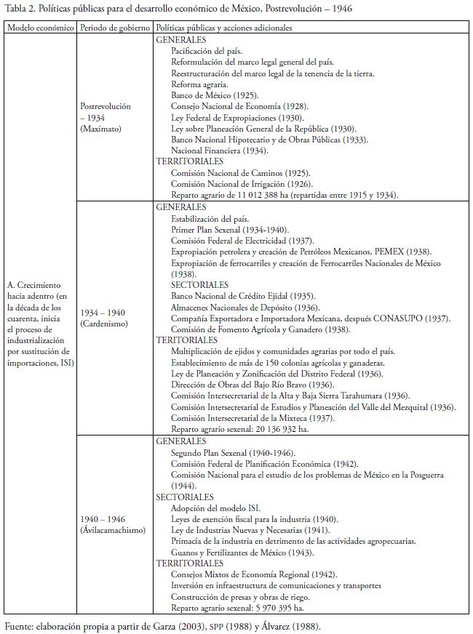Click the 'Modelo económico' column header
[x=40, y=28]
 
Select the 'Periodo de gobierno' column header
[x=115, y=28]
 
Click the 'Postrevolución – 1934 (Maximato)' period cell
[x=106, y=116]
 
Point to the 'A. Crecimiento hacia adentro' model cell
[x=40, y=323]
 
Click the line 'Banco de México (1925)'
[x=215, y=95]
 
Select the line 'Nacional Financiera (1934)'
[x=220, y=151]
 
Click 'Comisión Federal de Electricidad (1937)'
[x=242, y=241]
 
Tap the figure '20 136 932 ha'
[x=281, y=429]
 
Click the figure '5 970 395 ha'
[x=278, y=607]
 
